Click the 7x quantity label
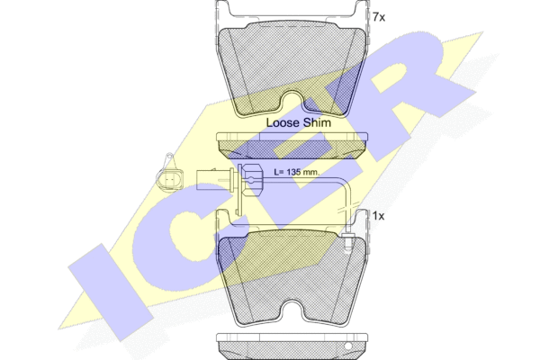tap(379, 17)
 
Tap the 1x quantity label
tap(378, 216)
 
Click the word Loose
tap(283, 122)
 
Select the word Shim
tap(317, 122)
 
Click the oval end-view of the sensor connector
tap(170, 179)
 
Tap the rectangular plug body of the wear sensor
tap(214, 179)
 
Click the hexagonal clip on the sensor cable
tap(251, 180)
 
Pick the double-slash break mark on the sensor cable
tap(348, 206)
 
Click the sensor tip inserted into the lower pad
tap(348, 243)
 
